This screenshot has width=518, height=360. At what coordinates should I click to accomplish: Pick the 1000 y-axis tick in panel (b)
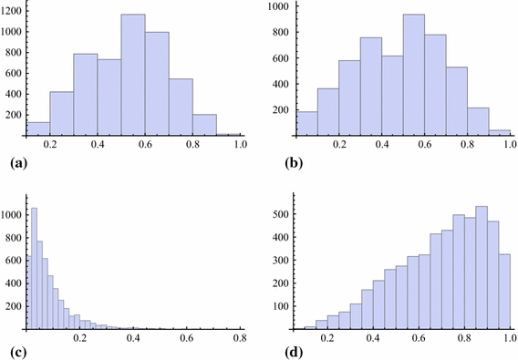click(x=275, y=6)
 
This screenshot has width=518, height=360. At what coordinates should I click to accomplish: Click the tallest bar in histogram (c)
click(x=34, y=268)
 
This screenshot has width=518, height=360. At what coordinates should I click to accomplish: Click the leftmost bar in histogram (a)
click(x=37, y=129)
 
